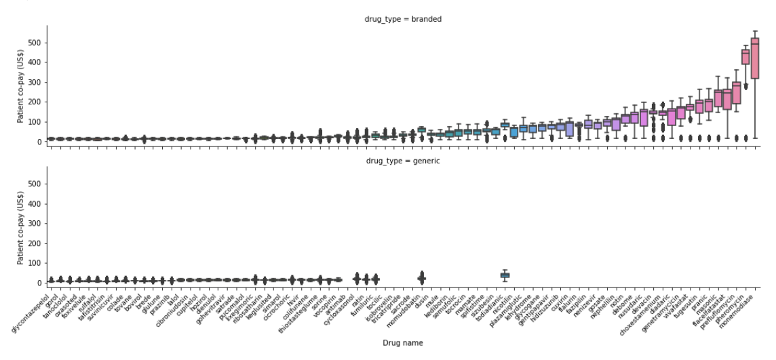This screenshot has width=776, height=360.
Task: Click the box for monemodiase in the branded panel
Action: pos(755,58)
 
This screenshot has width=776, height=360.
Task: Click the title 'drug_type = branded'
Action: pos(404,19)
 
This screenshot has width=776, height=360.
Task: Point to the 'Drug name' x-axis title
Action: pos(404,343)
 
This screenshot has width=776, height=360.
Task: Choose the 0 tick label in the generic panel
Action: pos(40,283)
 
